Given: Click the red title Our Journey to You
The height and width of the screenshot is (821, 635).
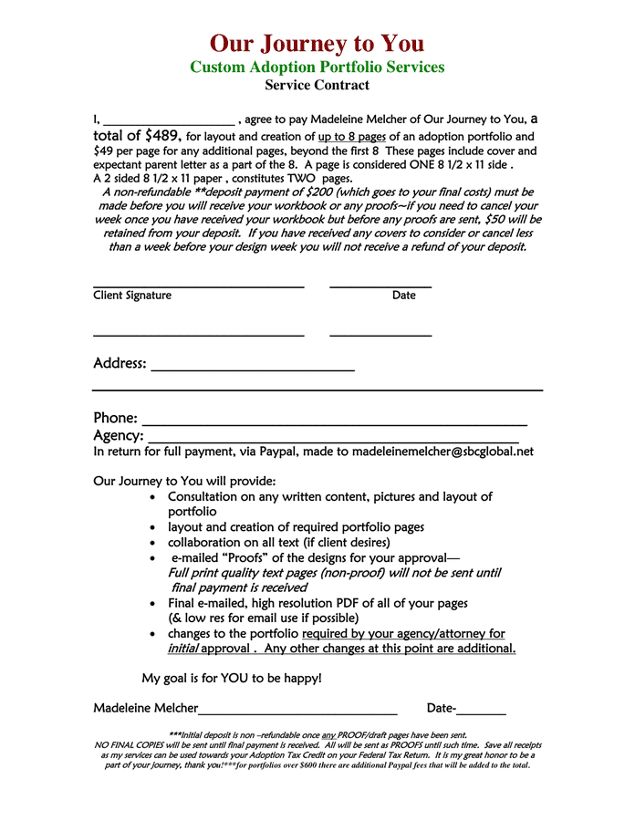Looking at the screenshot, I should [317, 43].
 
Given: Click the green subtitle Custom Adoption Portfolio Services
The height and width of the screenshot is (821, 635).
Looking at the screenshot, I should [317, 67].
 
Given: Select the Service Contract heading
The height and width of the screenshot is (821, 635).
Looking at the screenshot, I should [317, 85].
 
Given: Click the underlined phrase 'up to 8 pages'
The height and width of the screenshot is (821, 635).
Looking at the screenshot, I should [352, 137].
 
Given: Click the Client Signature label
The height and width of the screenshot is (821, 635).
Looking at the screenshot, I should [132, 296].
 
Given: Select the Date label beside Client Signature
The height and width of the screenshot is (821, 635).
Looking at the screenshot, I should [403, 296].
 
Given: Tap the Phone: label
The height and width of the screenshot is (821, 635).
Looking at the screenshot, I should [116, 418].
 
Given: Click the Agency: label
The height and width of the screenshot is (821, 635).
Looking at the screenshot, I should [119, 436].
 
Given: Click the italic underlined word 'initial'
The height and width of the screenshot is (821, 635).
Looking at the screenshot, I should [182, 649].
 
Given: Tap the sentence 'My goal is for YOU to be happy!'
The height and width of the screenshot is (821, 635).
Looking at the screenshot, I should [232, 679].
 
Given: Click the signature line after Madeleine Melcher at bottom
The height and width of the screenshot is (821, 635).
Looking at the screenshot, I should [297, 712].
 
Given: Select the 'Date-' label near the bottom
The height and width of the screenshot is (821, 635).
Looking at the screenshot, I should [442, 709].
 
